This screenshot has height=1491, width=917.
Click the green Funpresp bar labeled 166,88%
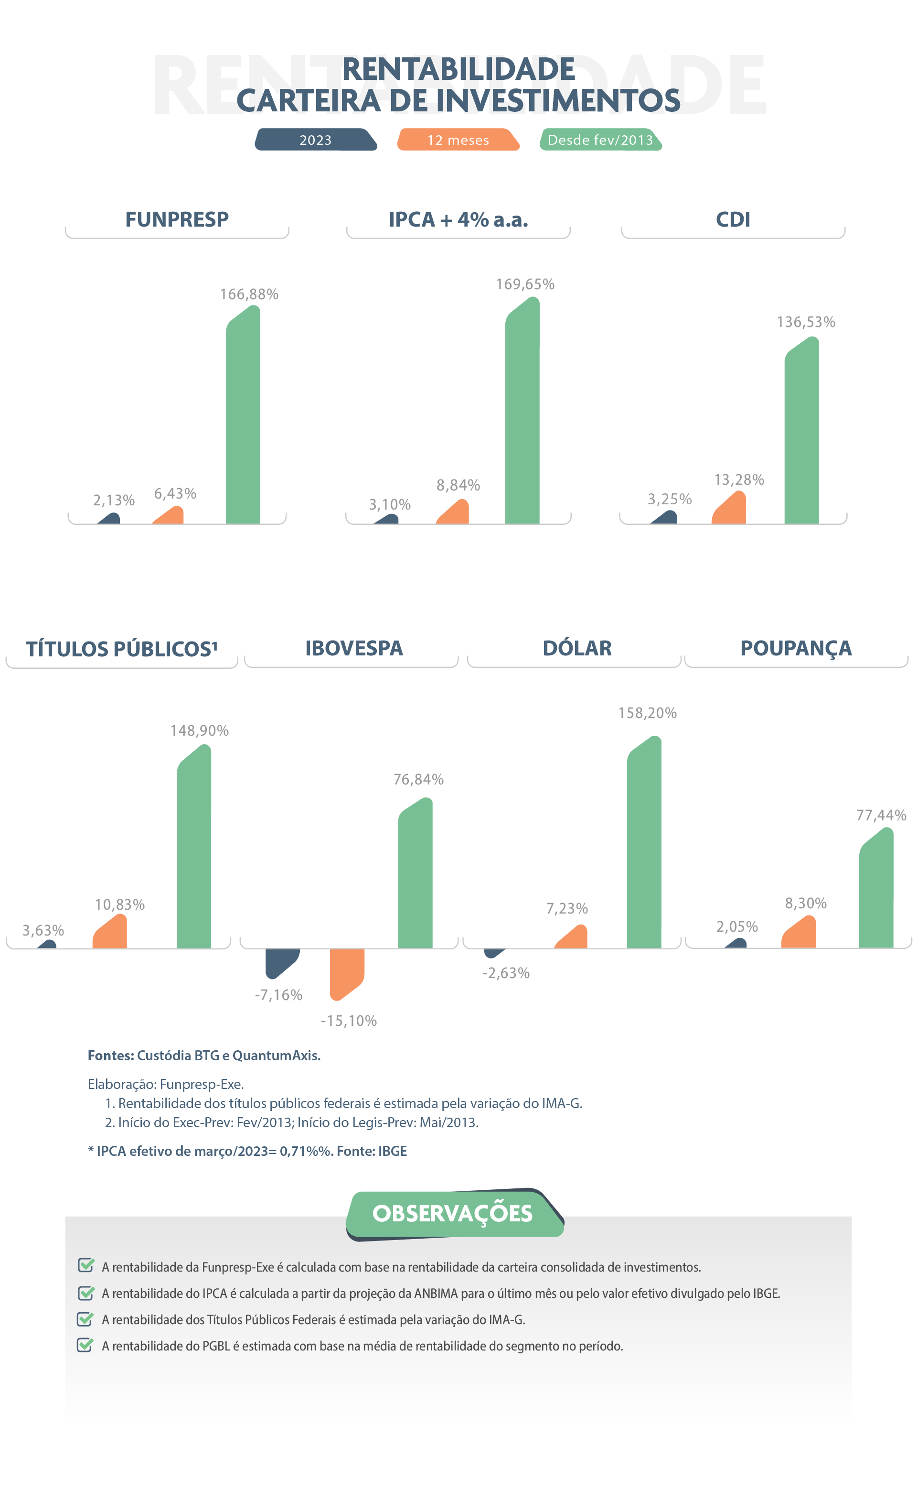point(243,419)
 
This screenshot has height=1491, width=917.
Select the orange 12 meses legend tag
point(458,140)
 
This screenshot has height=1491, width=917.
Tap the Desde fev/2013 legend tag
point(600,140)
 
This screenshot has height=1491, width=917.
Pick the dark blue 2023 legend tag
point(315,140)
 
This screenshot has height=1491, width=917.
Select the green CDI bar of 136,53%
point(802,434)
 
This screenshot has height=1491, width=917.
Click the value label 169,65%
point(525,284)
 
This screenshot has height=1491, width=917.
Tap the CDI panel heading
point(733,220)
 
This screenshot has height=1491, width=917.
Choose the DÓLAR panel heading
point(577,648)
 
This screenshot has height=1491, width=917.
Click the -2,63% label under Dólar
point(506,973)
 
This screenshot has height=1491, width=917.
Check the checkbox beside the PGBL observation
point(85,1345)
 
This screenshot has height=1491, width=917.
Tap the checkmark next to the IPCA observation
point(85,1293)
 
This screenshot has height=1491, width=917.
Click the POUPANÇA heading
point(796,648)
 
